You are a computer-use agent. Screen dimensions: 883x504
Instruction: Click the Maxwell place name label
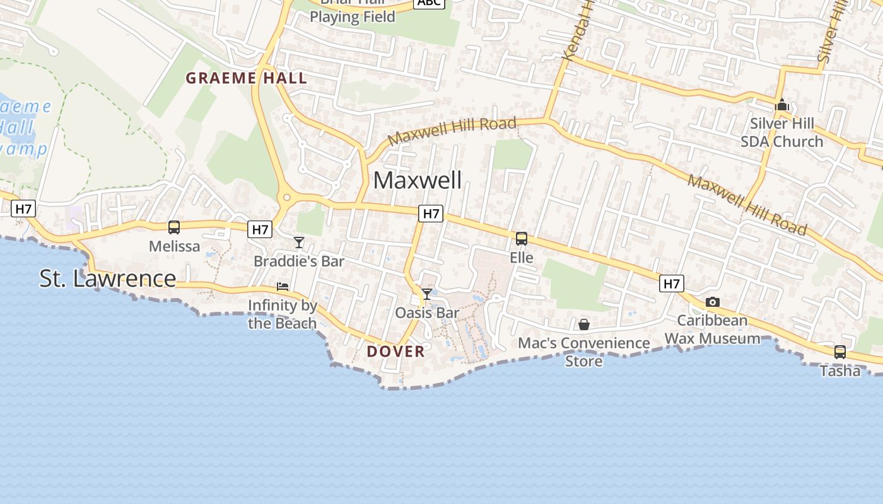click(x=418, y=180)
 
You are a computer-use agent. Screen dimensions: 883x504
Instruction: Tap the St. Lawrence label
click(x=107, y=278)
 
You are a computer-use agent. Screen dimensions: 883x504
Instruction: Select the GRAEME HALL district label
click(x=247, y=78)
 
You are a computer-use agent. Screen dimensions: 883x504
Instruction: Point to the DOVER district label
click(x=396, y=352)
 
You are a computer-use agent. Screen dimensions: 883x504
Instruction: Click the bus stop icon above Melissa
click(x=174, y=227)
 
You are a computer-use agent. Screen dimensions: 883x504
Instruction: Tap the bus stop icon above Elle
click(x=522, y=239)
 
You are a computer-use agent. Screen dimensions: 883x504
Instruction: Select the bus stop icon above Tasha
click(x=840, y=352)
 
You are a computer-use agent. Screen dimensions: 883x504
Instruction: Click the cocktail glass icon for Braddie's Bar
click(x=299, y=243)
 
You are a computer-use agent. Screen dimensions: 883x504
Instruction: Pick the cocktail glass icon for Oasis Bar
click(x=427, y=294)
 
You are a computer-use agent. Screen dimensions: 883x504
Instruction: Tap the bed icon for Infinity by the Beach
click(x=283, y=287)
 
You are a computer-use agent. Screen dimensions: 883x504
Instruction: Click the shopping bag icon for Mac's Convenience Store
click(x=584, y=324)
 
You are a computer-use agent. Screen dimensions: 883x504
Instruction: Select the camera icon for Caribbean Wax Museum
click(x=713, y=302)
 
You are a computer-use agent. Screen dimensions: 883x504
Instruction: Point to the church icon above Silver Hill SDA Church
click(x=782, y=105)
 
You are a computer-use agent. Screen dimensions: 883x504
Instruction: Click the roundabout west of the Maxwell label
click(x=287, y=197)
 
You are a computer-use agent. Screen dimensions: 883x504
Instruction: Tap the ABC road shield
click(x=429, y=3)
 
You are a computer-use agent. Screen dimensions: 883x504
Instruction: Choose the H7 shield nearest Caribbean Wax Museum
click(x=672, y=283)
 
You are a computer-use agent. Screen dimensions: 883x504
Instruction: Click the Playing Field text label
click(x=353, y=17)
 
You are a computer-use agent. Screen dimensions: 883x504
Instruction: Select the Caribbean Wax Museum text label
click(x=713, y=329)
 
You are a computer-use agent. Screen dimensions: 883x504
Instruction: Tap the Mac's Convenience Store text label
click(x=584, y=352)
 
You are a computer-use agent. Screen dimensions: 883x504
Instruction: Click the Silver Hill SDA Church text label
click(x=782, y=132)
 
